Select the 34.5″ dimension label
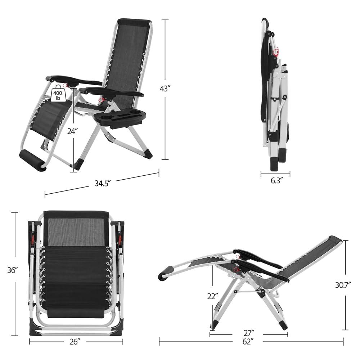point(102,183)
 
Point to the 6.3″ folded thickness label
point(275,180)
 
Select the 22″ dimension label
point(212,296)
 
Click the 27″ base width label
point(248,332)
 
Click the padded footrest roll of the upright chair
point(32,161)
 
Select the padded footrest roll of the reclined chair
point(166,273)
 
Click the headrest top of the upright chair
point(134,22)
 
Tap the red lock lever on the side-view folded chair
point(276,52)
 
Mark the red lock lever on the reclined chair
point(236,269)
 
